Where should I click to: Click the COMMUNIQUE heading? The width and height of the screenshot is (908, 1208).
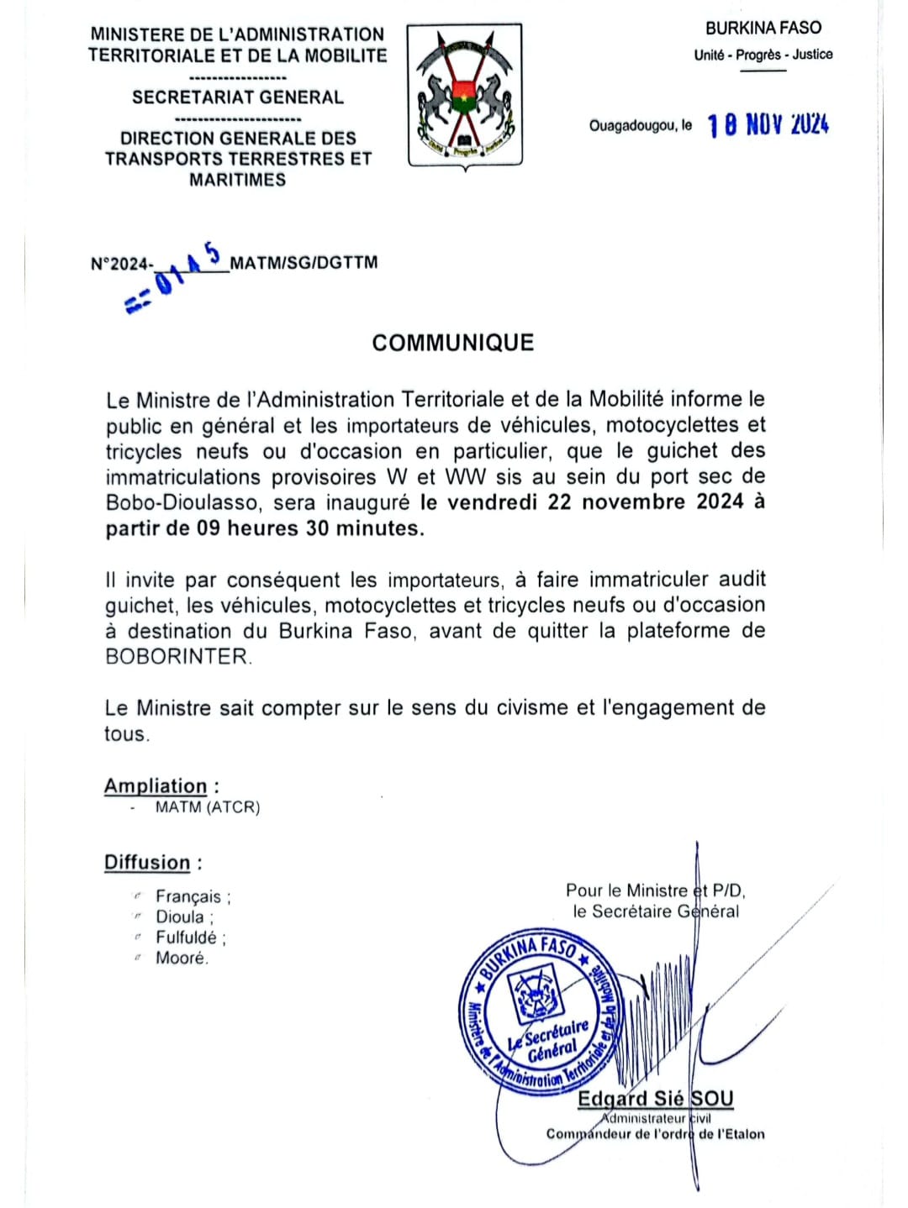(453, 343)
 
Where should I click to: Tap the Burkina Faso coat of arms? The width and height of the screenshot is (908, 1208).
(465, 95)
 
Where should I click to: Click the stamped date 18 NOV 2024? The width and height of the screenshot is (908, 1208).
(768, 125)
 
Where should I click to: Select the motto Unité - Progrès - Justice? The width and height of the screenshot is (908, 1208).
(763, 55)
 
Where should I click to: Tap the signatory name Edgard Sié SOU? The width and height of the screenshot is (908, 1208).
(655, 1099)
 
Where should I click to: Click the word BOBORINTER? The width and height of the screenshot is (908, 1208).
(177, 657)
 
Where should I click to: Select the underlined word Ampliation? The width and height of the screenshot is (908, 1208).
(156, 786)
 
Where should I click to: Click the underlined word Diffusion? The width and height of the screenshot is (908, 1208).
(147, 863)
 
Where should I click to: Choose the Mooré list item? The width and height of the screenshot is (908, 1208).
(182, 958)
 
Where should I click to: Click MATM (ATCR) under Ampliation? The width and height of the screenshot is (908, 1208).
(208, 807)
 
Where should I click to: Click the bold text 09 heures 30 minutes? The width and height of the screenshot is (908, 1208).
(310, 528)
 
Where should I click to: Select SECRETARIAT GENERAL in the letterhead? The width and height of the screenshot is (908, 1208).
(238, 97)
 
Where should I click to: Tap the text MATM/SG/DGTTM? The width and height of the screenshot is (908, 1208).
(304, 263)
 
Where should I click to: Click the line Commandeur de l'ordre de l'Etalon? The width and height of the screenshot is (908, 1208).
(655, 1134)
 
